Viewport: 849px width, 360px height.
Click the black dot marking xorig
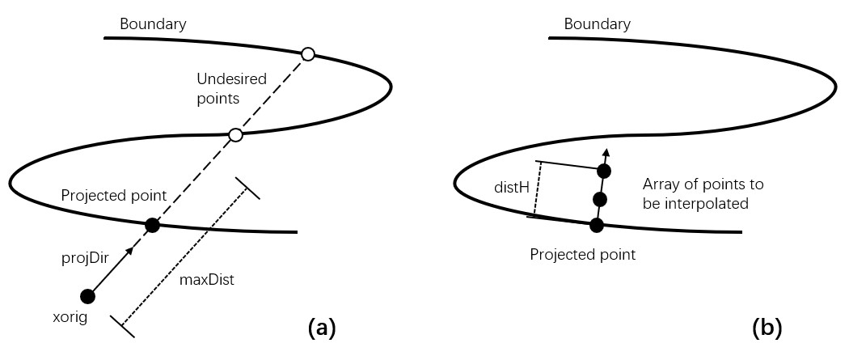click(x=88, y=296)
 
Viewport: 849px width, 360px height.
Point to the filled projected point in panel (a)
click(x=151, y=226)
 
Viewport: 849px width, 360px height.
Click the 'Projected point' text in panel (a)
click(x=113, y=196)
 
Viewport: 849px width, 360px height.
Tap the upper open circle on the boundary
click(x=307, y=54)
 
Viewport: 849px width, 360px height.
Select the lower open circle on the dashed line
click(x=235, y=135)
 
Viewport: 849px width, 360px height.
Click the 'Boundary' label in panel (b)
click(x=598, y=23)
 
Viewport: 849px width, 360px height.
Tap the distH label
click(x=512, y=188)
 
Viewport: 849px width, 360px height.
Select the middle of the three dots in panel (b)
click(x=599, y=199)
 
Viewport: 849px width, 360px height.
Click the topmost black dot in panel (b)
click(x=603, y=171)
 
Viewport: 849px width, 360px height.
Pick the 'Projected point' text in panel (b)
click(x=582, y=255)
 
